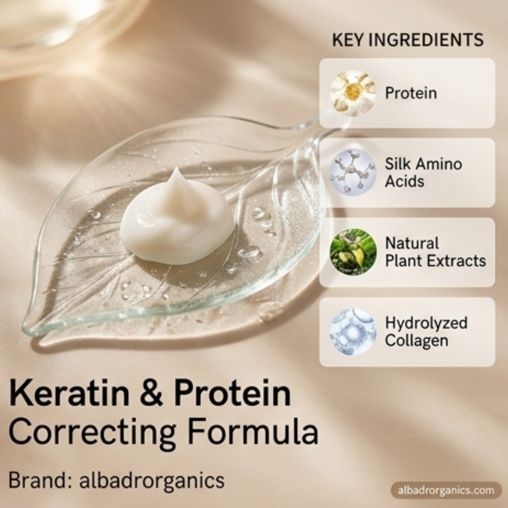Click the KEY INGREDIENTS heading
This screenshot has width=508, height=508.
(408, 40)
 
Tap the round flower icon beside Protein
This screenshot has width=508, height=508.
(353, 93)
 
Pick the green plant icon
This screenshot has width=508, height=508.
(353, 252)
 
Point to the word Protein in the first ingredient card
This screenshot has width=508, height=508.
(411, 93)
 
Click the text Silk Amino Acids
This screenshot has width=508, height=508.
(423, 172)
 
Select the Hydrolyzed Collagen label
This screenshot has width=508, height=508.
(426, 332)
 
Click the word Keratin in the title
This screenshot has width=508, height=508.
(69, 394)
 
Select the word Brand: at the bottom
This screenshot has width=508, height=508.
(38, 480)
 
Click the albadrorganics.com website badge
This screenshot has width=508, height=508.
(446, 490)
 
